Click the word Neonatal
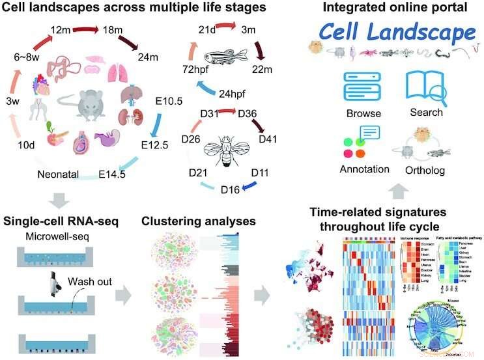click(59, 174)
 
